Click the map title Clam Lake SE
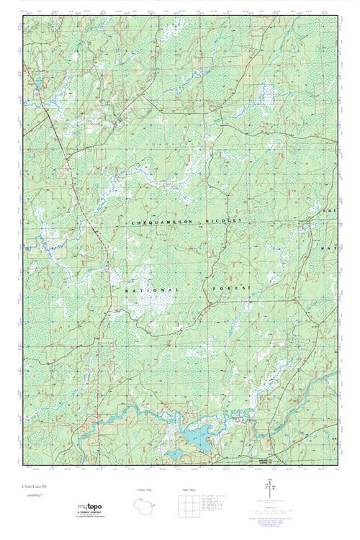click(32, 487)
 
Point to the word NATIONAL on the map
click(152, 289)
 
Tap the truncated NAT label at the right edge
click(332, 249)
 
